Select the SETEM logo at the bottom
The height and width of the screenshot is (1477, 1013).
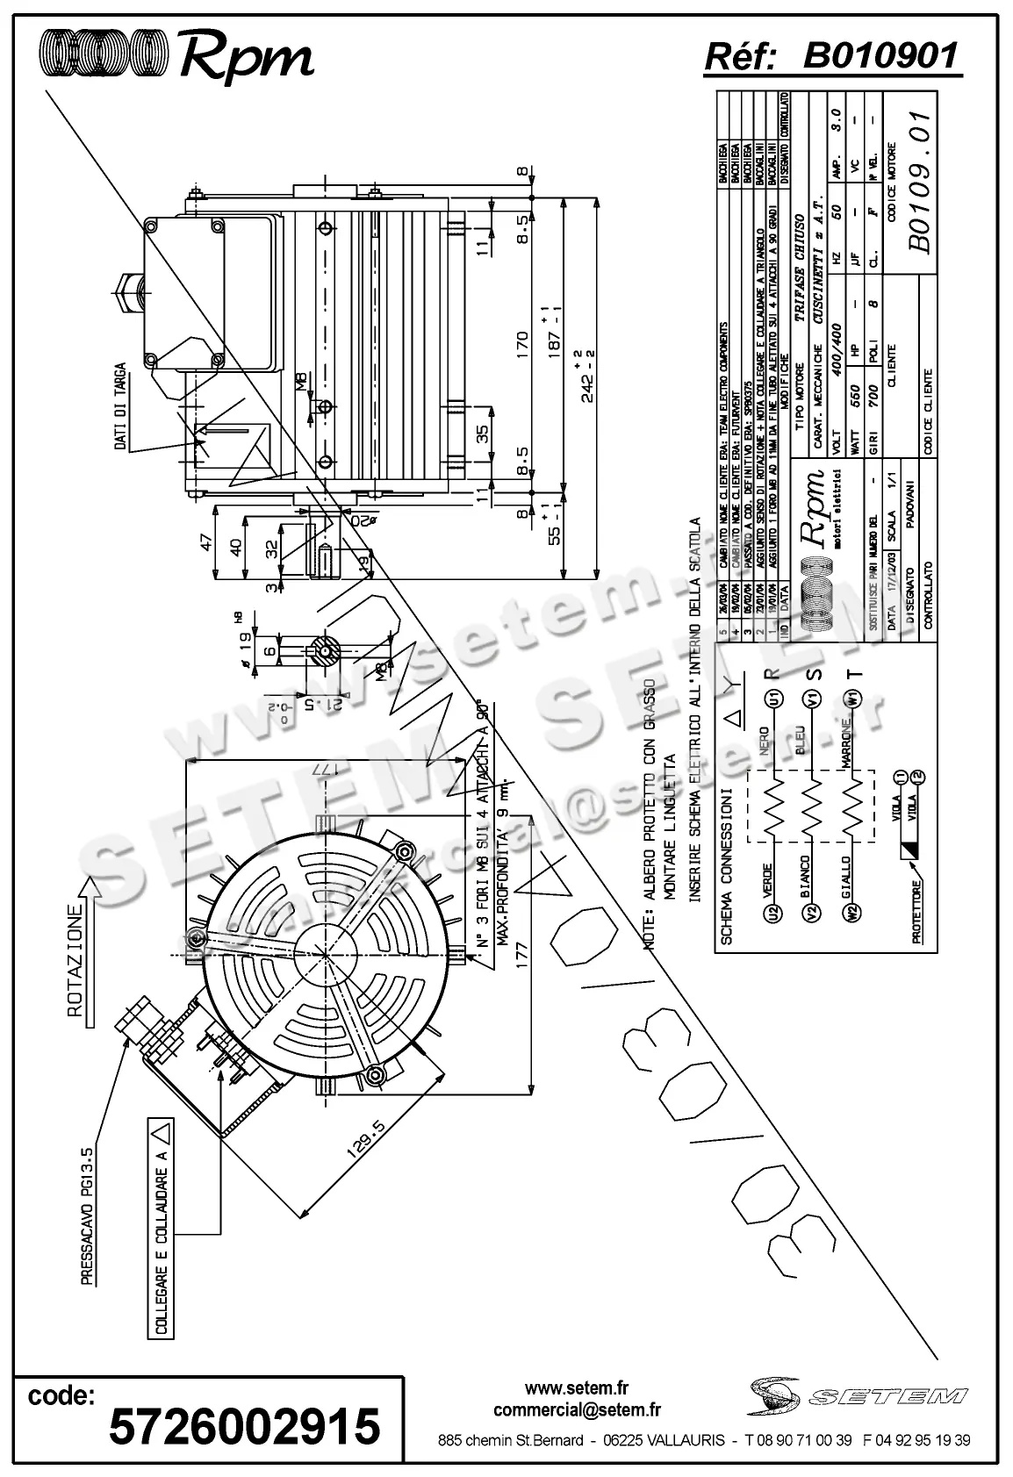point(858,1394)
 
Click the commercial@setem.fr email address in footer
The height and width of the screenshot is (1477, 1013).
point(577,1409)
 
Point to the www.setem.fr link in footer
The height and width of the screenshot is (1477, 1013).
point(577,1387)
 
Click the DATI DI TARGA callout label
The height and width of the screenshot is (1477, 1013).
point(120,406)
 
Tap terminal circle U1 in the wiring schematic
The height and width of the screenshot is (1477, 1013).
point(773,699)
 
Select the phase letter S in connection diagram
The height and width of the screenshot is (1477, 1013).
point(814,674)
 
